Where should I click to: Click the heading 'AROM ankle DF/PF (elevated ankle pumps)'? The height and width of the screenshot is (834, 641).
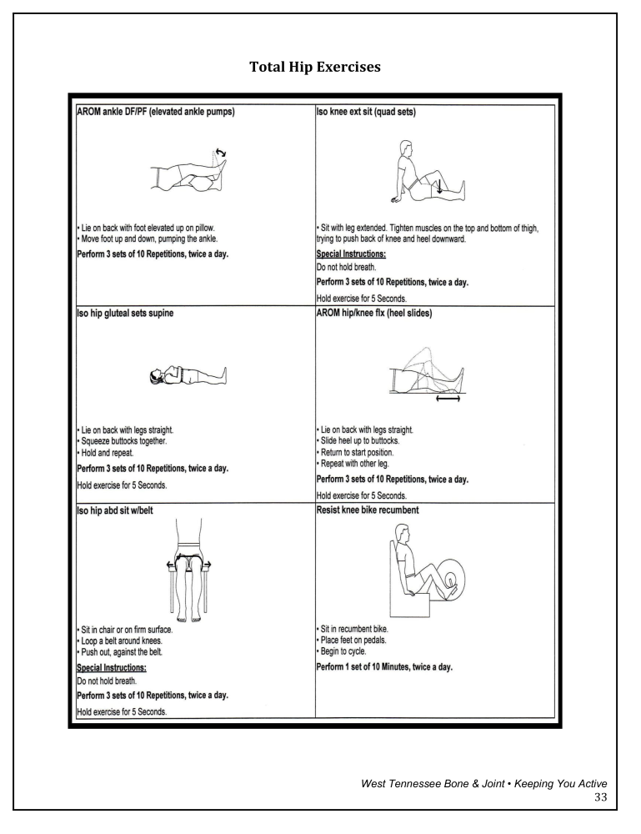coord(155,112)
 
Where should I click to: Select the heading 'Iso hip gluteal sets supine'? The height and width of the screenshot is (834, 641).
coord(127,314)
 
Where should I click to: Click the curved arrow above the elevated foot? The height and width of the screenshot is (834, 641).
coord(220,153)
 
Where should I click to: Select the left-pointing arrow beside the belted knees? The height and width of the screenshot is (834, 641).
coord(171,565)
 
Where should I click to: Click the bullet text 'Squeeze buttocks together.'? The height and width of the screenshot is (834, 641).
coord(123,441)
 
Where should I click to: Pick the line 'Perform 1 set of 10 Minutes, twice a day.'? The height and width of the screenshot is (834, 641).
coord(384,668)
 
